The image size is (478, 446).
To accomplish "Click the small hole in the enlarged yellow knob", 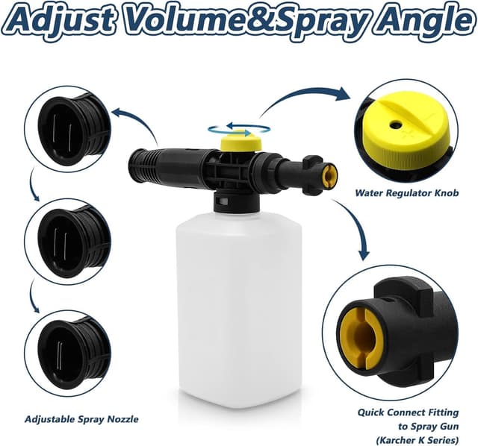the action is pyautogui.click(x=396, y=124).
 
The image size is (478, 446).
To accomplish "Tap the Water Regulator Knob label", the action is pyautogui.click(x=406, y=193).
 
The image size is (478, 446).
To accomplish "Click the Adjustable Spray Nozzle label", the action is pyautogui.click(x=81, y=419).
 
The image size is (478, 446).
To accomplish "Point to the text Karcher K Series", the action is pyautogui.click(x=417, y=440).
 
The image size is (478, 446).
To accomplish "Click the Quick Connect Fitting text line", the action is pyautogui.click(x=408, y=413).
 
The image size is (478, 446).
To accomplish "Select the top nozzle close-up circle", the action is pyautogui.click(x=67, y=129).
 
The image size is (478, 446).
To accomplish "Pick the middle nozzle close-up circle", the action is pyautogui.click(x=67, y=242).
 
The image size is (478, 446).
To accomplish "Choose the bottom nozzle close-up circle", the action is pyautogui.click(x=67, y=354).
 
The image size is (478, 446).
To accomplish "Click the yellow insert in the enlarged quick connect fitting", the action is pyautogui.click(x=361, y=338).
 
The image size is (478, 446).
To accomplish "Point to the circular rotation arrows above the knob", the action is pyautogui.click(x=239, y=129).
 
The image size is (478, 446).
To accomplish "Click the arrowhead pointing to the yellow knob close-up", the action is pyautogui.click(x=343, y=94).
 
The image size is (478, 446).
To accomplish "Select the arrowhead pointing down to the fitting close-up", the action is pyautogui.click(x=364, y=255).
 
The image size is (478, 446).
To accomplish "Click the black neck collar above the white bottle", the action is pyautogui.click(x=237, y=202).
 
